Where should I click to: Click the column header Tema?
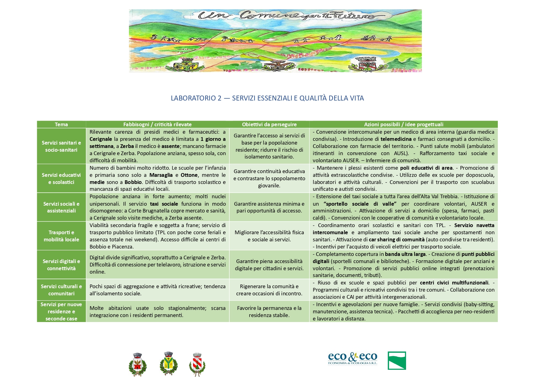(61, 124)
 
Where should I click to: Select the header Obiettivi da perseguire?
(269, 124)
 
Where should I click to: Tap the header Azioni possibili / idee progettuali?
(403, 124)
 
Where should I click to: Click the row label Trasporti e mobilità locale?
(61, 236)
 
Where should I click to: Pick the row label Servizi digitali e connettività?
(61, 265)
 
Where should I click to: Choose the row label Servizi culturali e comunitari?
(61, 290)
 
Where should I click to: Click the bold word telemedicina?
(396, 139)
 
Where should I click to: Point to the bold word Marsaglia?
(161, 175)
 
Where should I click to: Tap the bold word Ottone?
(189, 175)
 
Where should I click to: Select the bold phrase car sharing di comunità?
(396, 240)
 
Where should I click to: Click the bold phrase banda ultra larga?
(405, 254)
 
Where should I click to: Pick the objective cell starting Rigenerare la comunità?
(269, 290)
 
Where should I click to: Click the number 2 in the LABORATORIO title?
(219, 98)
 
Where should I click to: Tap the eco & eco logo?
(352, 359)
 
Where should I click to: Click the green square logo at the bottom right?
(396, 360)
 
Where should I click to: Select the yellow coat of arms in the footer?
(168, 364)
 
